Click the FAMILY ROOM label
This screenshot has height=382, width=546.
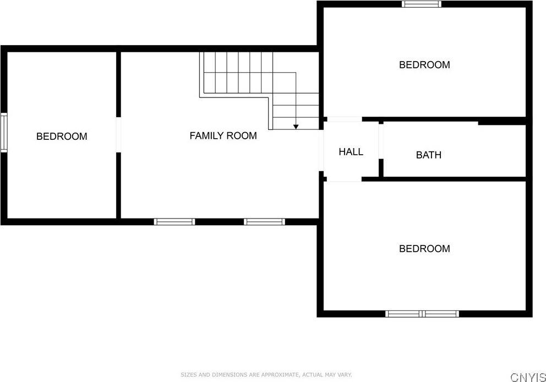[223, 135]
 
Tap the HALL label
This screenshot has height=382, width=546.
[351, 151]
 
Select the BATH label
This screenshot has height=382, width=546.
[429, 155]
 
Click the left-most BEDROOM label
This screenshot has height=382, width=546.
[62, 136]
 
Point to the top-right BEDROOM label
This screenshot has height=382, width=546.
[424, 65]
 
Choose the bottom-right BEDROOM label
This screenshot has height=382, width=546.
[424, 249]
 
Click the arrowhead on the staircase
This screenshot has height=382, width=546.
[296, 127]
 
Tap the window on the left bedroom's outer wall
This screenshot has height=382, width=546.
[4, 133]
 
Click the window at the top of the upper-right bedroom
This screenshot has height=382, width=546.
[422, 4]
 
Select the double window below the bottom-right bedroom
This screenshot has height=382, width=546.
[422, 314]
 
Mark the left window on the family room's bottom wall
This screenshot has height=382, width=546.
[174, 222]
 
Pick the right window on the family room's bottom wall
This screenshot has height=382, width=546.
[264, 222]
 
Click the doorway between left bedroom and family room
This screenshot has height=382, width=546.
[118, 135]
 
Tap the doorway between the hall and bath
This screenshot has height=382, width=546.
[381, 141]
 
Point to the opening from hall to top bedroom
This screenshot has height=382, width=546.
[345, 119]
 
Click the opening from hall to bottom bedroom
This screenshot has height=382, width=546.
[345, 179]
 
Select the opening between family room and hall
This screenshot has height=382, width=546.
[321, 150]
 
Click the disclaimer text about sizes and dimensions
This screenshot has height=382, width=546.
[266, 375]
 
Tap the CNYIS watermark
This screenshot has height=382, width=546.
[528, 377]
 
